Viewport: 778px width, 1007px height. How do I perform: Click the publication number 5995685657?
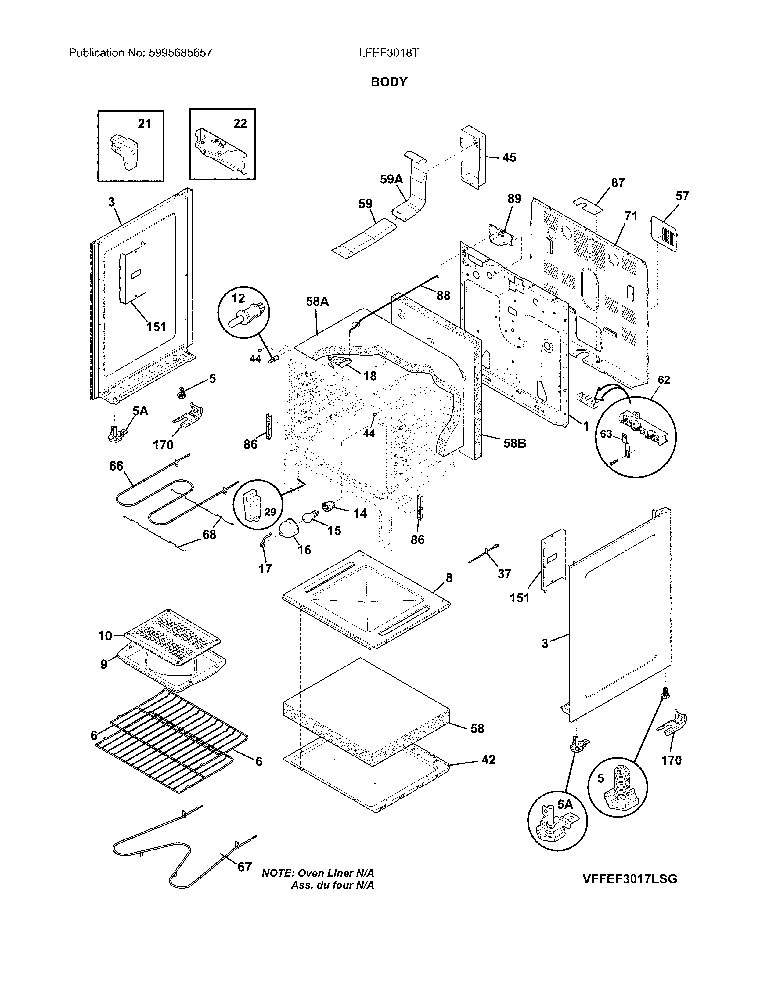click(x=180, y=53)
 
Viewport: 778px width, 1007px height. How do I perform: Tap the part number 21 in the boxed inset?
click(x=144, y=124)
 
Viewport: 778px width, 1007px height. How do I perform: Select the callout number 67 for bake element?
click(x=244, y=867)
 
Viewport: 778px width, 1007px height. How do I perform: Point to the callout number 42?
click(x=488, y=760)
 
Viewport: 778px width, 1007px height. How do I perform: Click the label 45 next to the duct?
click(x=509, y=158)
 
